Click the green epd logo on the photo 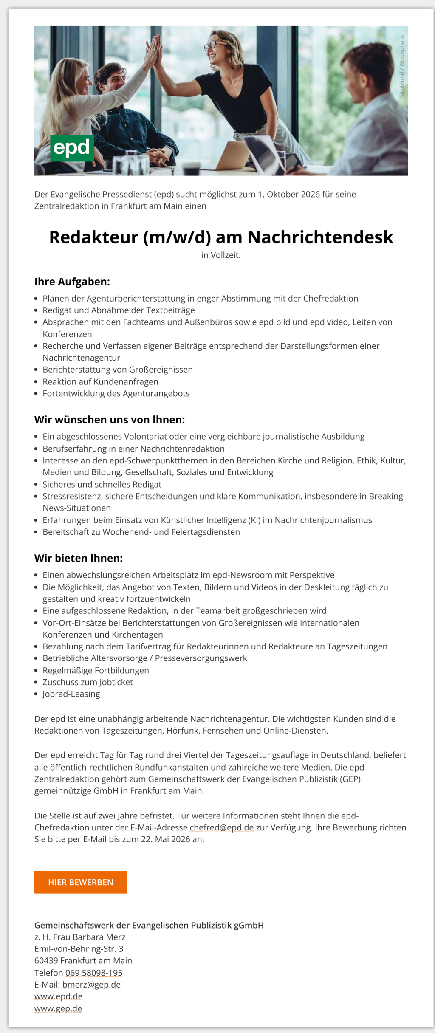pyautogui.click(x=72, y=148)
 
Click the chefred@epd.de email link pyautogui.click(x=221, y=827)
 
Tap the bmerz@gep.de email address pyautogui.click(x=91, y=984)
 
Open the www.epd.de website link pyautogui.click(x=59, y=996)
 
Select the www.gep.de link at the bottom pyautogui.click(x=58, y=1008)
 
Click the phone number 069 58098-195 pyautogui.click(x=94, y=972)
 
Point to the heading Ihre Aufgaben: pyautogui.click(x=72, y=282)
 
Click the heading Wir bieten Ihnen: pyautogui.click(x=79, y=558)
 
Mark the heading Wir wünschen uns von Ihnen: pyautogui.click(x=110, y=420)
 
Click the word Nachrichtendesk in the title pyautogui.click(x=320, y=237)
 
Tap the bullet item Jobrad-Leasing pyautogui.click(x=71, y=694)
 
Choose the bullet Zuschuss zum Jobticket pyautogui.click(x=88, y=682)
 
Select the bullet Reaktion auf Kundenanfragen pyautogui.click(x=100, y=381)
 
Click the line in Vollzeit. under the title pyautogui.click(x=221, y=255)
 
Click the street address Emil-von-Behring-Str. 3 pyautogui.click(x=79, y=948)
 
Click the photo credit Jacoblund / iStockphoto pyautogui.click(x=402, y=67)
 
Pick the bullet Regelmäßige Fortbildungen pyautogui.click(x=96, y=670)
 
